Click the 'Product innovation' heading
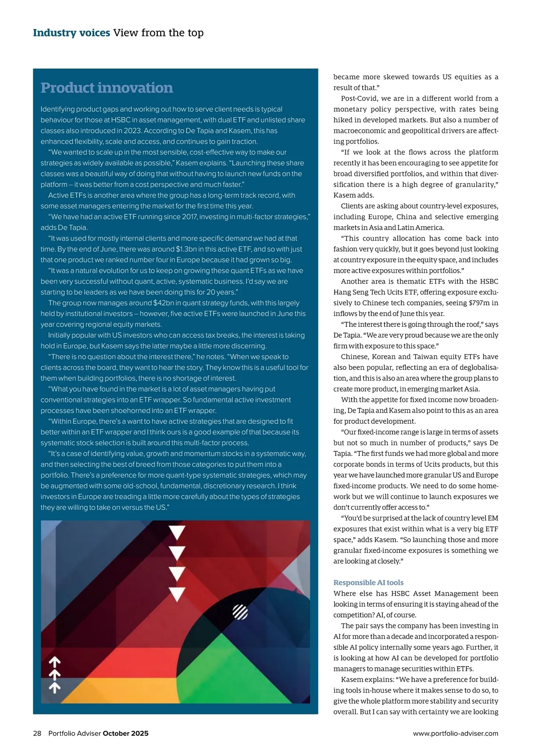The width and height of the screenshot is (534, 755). [x=107, y=88]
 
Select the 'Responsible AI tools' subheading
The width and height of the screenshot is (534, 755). [x=368, y=582]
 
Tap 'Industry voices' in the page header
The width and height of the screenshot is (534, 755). [x=71, y=33]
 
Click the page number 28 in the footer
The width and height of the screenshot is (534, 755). [x=37, y=733]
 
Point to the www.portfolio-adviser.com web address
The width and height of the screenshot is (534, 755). [x=455, y=733]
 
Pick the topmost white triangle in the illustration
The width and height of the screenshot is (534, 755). [x=177, y=532]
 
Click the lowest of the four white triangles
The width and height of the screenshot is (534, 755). [x=177, y=594]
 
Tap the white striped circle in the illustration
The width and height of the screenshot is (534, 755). [x=240, y=613]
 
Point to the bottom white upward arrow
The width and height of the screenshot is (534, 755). [x=54, y=688]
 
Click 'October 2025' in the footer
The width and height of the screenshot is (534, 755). [x=125, y=733]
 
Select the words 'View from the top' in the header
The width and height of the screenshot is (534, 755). [x=158, y=33]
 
